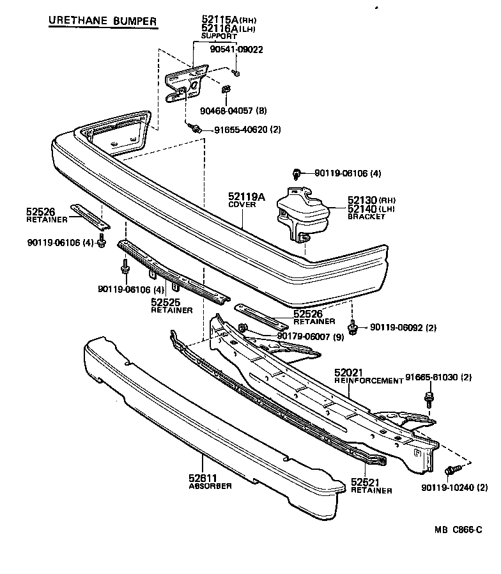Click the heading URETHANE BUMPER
coord(102,21)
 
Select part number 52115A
coord(219,20)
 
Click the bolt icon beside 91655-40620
coord(196,129)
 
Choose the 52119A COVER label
coord(246,198)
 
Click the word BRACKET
coord(367,217)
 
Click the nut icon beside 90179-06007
coord(243,329)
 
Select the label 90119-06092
coord(397,329)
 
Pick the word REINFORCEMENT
coord(369,381)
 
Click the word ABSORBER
coord(210,486)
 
